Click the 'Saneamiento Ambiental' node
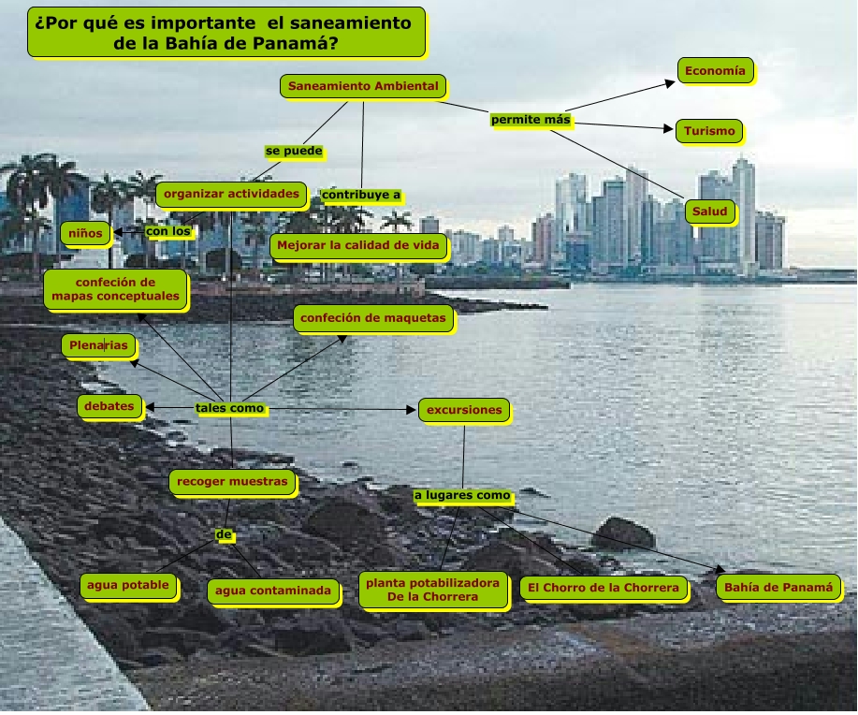[x=363, y=86]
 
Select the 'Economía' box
[x=715, y=70]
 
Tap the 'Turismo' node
[x=709, y=131]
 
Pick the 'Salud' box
[x=709, y=212]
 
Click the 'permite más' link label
[x=531, y=120]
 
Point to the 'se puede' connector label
[x=294, y=150]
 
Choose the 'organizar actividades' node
[x=231, y=195]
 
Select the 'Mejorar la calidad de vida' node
[x=359, y=247]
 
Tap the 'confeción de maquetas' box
[x=373, y=318]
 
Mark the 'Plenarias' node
[x=98, y=345]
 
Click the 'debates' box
[x=109, y=406]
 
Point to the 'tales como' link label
[x=230, y=408]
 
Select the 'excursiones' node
[x=465, y=409]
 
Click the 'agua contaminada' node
[x=273, y=591]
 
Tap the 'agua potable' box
[x=127, y=586]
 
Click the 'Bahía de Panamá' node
[x=778, y=588]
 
